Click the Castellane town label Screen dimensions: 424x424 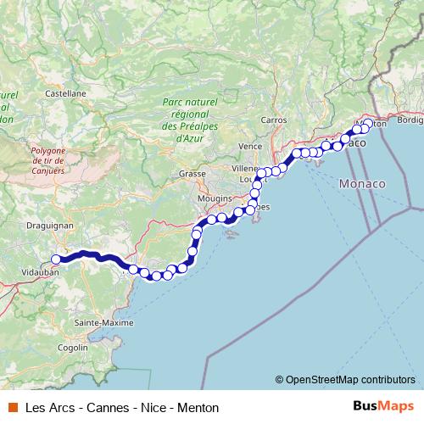pos(66,92)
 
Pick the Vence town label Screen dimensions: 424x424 pos(251,146)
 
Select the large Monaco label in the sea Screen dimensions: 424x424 pos(361,183)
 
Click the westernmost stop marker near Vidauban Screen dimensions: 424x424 pos(56,259)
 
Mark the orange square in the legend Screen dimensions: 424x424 pos(12,407)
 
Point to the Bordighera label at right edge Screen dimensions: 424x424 pos(410,120)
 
